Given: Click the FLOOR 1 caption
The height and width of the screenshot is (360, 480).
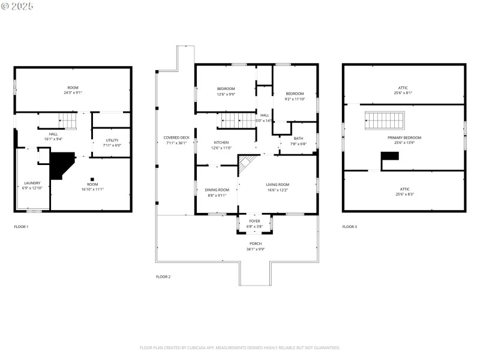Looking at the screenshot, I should click(x=21, y=227).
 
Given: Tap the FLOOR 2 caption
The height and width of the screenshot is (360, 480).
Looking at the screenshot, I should click(x=163, y=277).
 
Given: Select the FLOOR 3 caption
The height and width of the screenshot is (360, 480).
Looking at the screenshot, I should click(x=349, y=227).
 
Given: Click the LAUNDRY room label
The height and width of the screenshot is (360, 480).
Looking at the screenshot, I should click(x=32, y=183).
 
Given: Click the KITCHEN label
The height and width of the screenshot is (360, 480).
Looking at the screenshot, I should click(x=221, y=142).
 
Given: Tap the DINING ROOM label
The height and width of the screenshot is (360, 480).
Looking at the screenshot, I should click(x=217, y=190).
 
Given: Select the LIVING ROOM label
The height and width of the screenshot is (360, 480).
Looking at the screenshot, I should click(x=278, y=184).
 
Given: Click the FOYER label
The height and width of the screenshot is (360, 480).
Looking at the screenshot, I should click(x=254, y=221).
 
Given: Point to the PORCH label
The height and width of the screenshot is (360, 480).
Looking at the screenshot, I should click(x=256, y=243).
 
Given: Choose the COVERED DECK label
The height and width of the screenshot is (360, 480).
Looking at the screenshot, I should click(x=176, y=137).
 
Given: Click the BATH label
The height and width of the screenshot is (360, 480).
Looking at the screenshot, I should click(x=298, y=139).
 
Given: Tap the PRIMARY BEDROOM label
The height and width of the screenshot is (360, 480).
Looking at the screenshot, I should click(x=404, y=137).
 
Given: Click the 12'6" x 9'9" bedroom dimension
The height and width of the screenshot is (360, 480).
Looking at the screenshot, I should click(x=226, y=94).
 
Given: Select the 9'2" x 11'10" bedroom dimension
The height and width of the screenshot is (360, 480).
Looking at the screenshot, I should click(x=295, y=99).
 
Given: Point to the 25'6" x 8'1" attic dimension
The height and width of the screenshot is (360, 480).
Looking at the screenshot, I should click(x=403, y=93).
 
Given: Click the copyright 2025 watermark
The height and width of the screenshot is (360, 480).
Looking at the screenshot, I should click(x=18, y=5).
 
